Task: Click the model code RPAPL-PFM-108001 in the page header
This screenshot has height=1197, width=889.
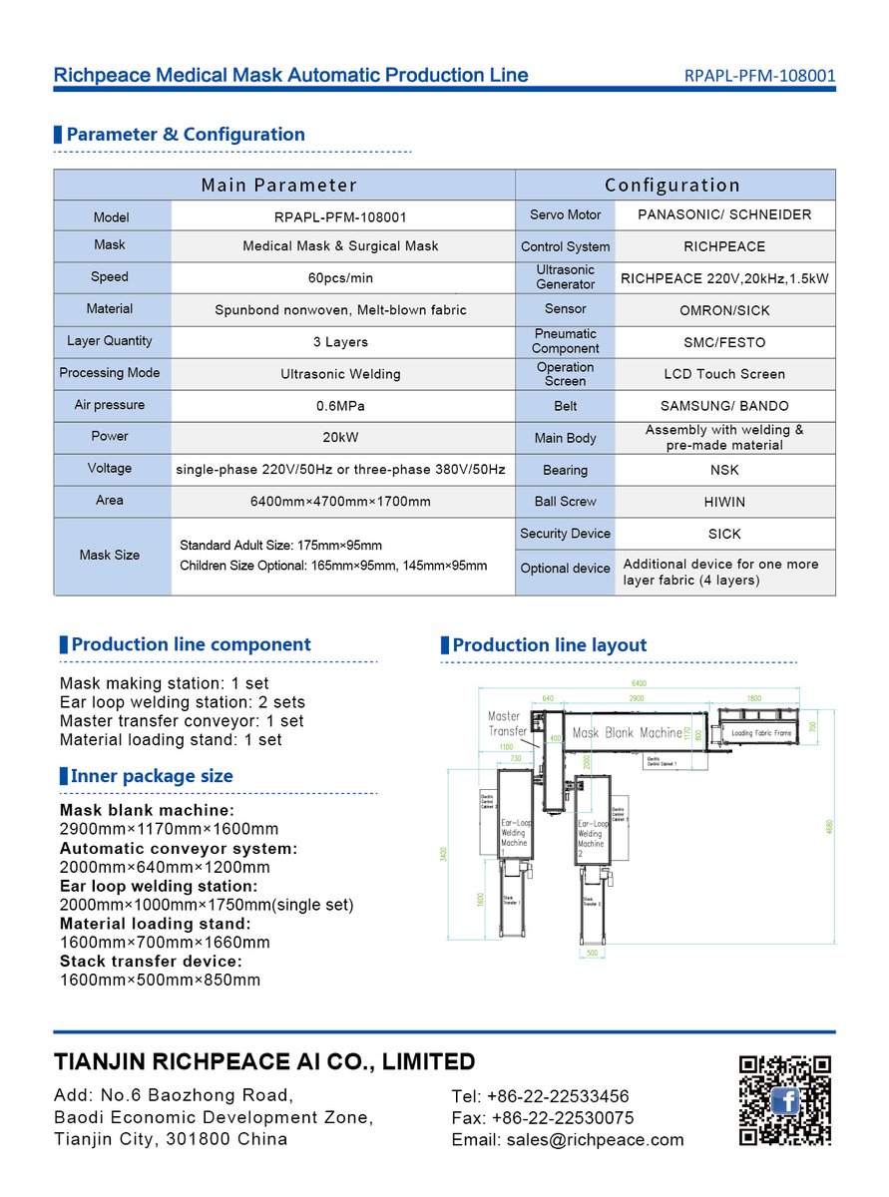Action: [x=759, y=75]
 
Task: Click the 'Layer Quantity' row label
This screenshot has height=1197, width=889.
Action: [x=110, y=341]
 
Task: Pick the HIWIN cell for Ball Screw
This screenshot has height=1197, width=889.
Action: [x=724, y=502]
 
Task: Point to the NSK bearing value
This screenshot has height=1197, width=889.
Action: [x=724, y=470]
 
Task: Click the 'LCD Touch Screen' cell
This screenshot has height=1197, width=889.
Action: [x=724, y=374]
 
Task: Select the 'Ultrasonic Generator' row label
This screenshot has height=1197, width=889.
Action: [x=565, y=277]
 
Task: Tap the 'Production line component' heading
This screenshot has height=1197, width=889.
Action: [x=191, y=644]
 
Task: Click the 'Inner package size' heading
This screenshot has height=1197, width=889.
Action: [x=152, y=776]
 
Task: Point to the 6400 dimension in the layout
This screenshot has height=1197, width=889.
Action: [x=639, y=683]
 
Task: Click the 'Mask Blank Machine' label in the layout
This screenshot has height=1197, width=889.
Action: [x=628, y=733]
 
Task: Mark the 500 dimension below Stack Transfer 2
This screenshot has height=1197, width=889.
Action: [x=591, y=953]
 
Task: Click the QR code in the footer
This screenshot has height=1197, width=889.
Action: [x=784, y=1100]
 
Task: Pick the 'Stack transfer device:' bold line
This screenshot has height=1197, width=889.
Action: [x=151, y=962]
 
